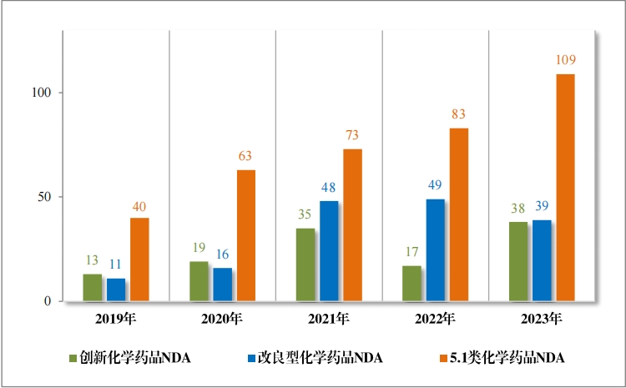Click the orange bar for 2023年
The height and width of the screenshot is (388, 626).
[x=565, y=188]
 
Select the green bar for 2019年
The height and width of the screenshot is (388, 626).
[x=92, y=288]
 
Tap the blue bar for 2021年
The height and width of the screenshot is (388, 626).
[x=329, y=251]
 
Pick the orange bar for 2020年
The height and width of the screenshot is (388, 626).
[x=245, y=235]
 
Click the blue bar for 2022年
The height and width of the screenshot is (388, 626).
[x=436, y=250]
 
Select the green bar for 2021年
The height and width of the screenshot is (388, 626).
[x=305, y=265]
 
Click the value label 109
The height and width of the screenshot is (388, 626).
[x=565, y=60]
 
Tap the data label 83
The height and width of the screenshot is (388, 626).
[x=458, y=114]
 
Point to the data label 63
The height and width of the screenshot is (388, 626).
[x=245, y=156]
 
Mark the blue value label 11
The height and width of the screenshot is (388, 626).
[x=115, y=265]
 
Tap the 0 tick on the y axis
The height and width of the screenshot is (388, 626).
[x=50, y=301]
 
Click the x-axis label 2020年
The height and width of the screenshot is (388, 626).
[x=222, y=318]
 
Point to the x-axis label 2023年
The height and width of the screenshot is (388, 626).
[x=542, y=318]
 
